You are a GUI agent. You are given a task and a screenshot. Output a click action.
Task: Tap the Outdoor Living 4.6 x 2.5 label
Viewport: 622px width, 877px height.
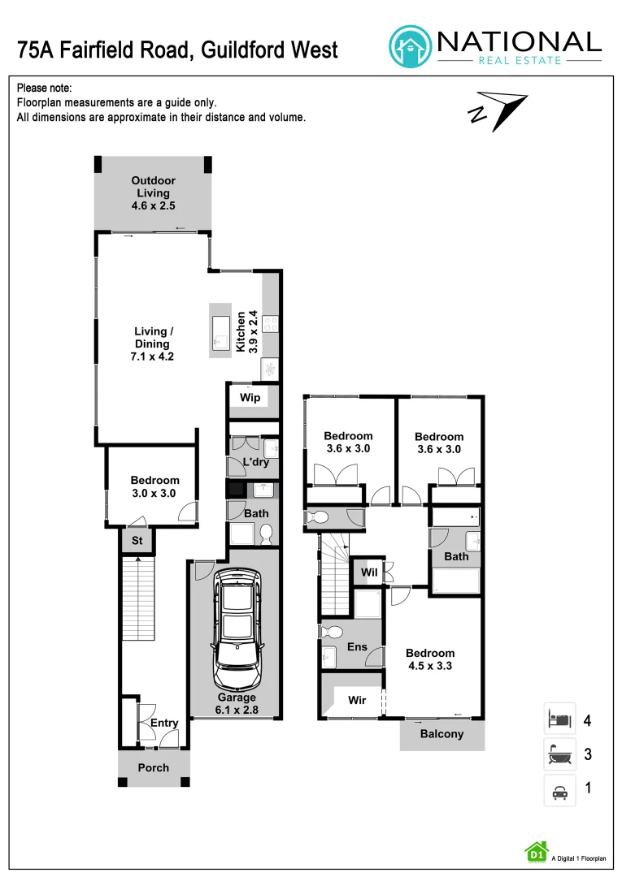tap(154, 193)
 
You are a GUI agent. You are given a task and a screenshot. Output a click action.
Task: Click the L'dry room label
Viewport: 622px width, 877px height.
tap(256, 463)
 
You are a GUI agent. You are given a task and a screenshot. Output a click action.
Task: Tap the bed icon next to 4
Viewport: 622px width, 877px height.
tap(559, 719)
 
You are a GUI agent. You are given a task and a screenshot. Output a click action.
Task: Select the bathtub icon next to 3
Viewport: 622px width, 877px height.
tap(559, 755)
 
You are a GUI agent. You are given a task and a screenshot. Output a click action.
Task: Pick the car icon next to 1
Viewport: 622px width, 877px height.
tap(559, 790)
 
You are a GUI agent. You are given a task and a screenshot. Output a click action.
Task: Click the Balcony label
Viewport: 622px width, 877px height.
tap(441, 734)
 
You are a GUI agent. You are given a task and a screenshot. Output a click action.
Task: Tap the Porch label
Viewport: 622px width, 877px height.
tap(154, 767)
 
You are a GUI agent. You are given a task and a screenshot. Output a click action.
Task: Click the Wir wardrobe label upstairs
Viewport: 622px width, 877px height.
tap(357, 700)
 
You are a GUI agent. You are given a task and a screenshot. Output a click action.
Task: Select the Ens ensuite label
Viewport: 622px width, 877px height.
tap(357, 647)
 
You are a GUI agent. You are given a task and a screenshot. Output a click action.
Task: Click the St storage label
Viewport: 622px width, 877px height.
tap(137, 541)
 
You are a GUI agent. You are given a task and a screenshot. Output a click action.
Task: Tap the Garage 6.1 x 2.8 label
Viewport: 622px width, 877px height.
tap(237, 703)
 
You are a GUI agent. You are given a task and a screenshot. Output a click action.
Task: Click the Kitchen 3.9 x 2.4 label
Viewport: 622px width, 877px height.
tap(246, 331)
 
